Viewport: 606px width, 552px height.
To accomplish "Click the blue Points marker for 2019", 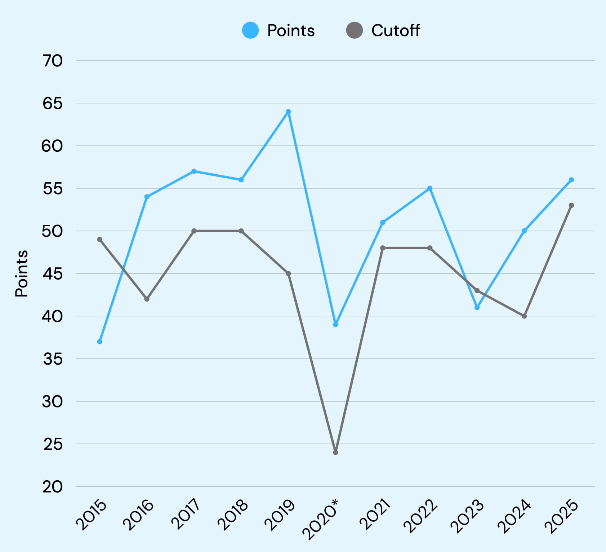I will pyautogui.click(x=288, y=112).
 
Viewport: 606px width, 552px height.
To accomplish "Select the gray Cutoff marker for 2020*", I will pyautogui.click(x=335, y=452).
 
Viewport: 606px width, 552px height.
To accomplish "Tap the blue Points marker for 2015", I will pyautogui.click(x=100, y=342).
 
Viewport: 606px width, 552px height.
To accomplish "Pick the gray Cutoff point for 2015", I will pyautogui.click(x=100, y=240).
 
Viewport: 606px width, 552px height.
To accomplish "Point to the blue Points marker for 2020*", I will pyautogui.click(x=335, y=325).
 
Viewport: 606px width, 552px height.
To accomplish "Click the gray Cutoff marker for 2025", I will pyautogui.click(x=571, y=205).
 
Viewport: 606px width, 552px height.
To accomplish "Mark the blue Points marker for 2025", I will pyautogui.click(x=571, y=180).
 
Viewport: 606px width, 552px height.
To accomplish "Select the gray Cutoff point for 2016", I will pyautogui.click(x=147, y=299).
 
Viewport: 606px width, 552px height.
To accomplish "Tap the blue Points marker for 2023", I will pyautogui.click(x=477, y=308).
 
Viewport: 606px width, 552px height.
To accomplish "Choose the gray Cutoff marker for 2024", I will pyautogui.click(x=524, y=316).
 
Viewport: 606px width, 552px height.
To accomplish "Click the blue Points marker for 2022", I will pyautogui.click(x=430, y=188).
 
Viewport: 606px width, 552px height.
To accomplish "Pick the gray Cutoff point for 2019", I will pyautogui.click(x=288, y=273).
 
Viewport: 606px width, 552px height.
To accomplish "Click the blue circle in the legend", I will pyautogui.click(x=250, y=30).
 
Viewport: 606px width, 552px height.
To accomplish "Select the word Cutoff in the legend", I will pyautogui.click(x=395, y=31).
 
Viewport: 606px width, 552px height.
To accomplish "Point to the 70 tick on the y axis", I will pyautogui.click(x=53, y=61).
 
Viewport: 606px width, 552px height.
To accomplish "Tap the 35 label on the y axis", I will pyautogui.click(x=53, y=359).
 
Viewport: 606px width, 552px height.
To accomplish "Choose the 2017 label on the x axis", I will pyautogui.click(x=186, y=514).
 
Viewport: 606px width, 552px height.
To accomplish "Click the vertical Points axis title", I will pyautogui.click(x=22, y=273).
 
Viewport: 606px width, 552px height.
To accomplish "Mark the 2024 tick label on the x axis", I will pyautogui.click(x=514, y=516).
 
